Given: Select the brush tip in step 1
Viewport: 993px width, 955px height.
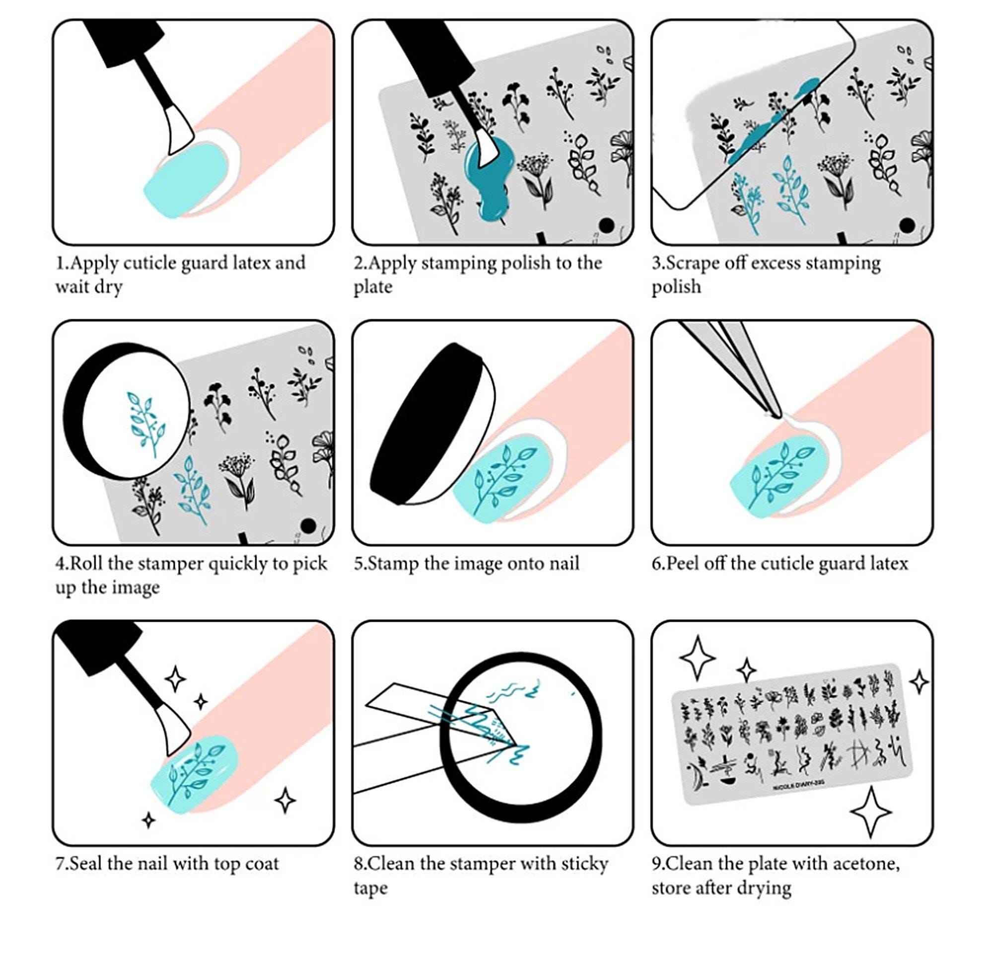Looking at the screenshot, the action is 179,130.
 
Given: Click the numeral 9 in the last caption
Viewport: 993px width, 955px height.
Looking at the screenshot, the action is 655,863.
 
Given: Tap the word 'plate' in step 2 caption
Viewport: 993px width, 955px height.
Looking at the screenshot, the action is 373,287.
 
